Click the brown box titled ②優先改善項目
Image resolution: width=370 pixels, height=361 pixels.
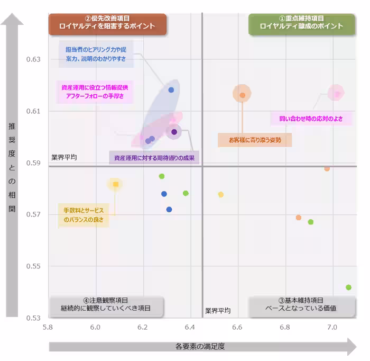click(x=107, y=23)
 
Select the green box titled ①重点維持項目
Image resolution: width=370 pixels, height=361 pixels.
click(x=301, y=23)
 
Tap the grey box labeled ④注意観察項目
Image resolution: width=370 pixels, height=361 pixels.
click(x=106, y=304)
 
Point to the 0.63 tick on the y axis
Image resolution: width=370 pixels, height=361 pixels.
click(x=33, y=59)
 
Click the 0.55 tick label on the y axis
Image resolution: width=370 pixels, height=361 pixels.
click(x=33, y=266)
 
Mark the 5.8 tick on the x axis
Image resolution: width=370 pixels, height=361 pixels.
click(x=48, y=328)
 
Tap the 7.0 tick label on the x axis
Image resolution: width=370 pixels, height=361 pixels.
click(x=332, y=328)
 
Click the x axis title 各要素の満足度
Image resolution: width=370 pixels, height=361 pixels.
click(x=200, y=347)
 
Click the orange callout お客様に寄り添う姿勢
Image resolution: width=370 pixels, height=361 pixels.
click(x=255, y=140)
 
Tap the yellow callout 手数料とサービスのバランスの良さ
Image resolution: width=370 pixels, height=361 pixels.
click(x=84, y=214)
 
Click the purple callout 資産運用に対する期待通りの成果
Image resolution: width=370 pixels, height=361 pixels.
click(x=154, y=158)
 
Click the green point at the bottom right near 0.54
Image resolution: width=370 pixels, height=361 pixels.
click(x=348, y=287)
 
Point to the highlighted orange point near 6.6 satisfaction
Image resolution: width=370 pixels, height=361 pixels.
click(x=242, y=95)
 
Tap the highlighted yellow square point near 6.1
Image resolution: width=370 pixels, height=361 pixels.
click(x=115, y=184)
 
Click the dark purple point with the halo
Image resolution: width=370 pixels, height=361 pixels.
click(x=174, y=132)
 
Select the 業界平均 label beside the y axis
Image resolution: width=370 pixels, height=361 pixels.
click(x=64, y=157)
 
